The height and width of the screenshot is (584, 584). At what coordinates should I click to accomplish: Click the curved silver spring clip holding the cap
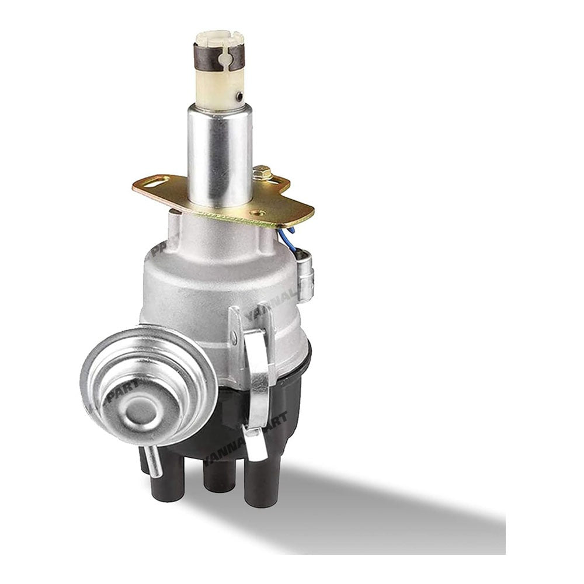pos(257,380)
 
